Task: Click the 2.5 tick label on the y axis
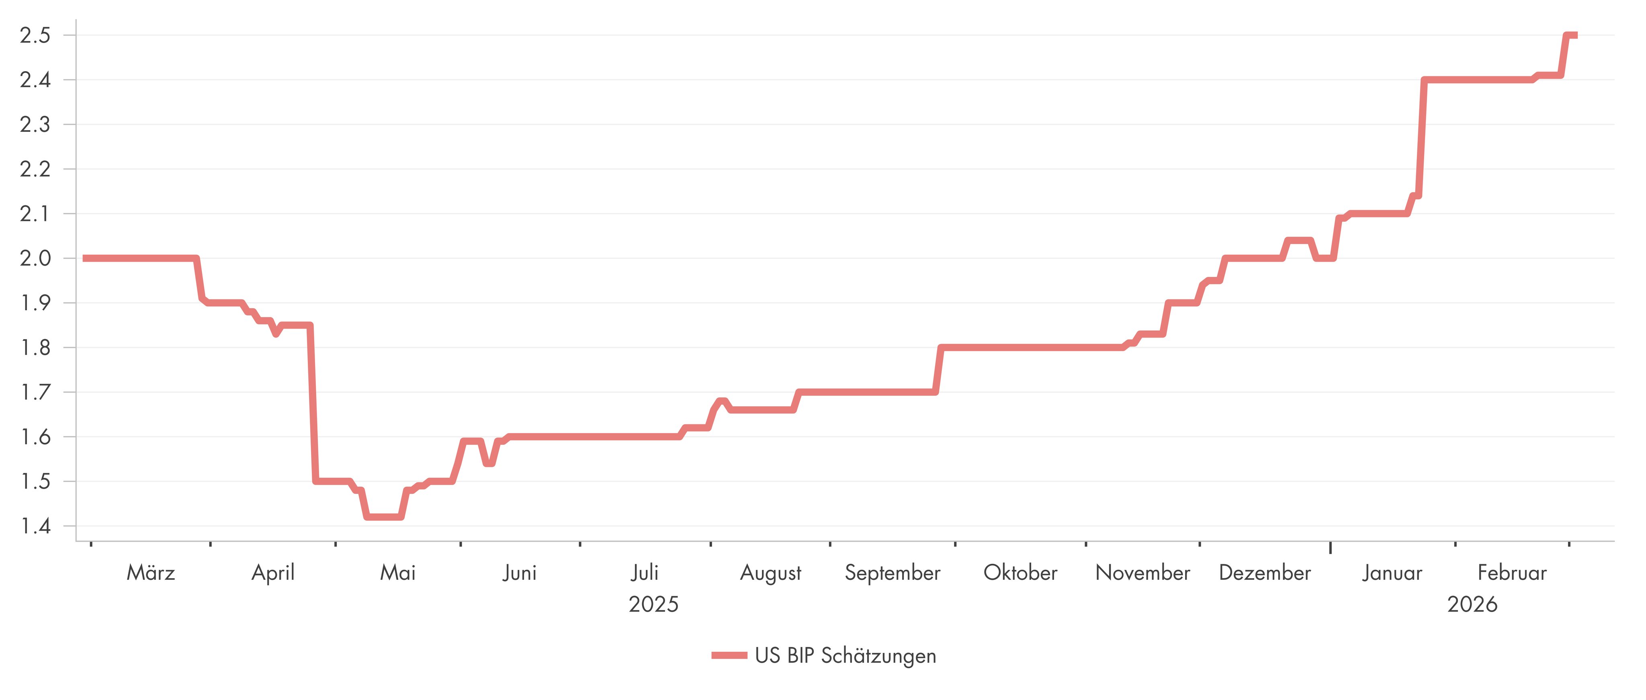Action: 35,35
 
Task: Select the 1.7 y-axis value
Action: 35,392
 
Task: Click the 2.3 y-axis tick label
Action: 35,125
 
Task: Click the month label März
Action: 151,572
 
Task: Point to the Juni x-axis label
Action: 520,572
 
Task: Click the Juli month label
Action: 645,572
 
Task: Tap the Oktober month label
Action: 1020,572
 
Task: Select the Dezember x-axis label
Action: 1265,572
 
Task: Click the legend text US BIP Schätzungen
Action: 846,655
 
